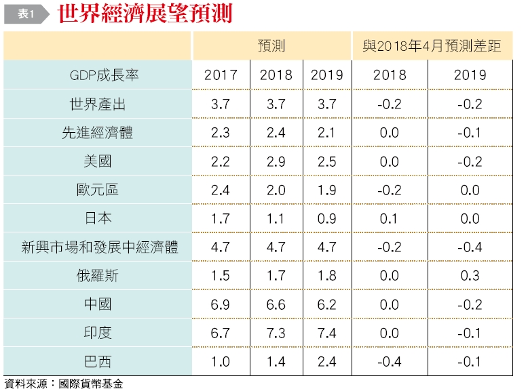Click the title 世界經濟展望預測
point(145,14)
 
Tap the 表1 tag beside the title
point(26,14)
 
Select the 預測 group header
point(271,46)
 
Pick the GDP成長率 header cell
point(105,75)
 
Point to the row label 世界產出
point(98,104)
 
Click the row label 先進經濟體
point(98,133)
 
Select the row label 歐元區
point(98,190)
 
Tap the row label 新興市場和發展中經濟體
point(100,247)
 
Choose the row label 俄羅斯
point(98,276)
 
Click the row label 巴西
point(98,362)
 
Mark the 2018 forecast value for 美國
point(276,162)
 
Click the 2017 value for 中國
point(221,305)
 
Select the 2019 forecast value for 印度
point(326,333)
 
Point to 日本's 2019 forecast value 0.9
point(326,219)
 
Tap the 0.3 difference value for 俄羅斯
point(470,276)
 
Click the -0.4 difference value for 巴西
point(389,362)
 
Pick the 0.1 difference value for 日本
point(389,219)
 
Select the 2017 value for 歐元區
point(221,190)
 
